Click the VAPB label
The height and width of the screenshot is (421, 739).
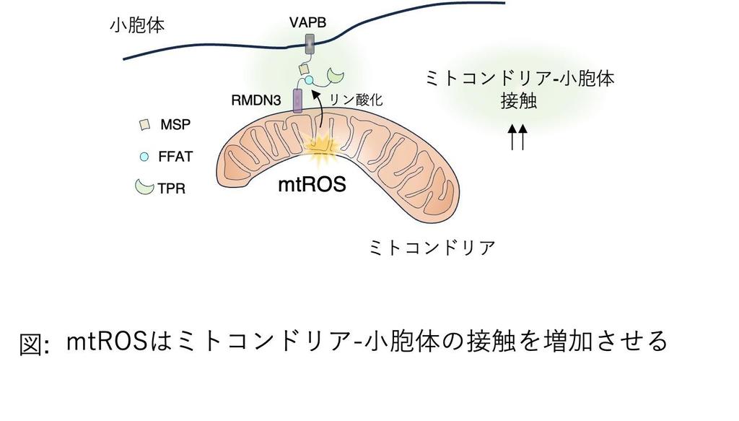307,22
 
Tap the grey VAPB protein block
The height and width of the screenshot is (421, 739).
309,44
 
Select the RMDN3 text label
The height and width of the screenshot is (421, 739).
257,100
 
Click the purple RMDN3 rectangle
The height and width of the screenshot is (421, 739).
297,100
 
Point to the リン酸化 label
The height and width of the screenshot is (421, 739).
355,100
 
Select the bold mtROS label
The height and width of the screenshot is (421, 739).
312,184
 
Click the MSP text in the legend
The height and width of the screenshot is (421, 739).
175,125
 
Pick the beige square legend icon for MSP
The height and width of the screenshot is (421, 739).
145,125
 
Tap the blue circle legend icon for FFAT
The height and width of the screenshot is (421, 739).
144,155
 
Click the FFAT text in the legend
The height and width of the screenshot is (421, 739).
176,155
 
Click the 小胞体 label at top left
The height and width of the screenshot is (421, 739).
137,26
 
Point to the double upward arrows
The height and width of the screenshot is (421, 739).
517,136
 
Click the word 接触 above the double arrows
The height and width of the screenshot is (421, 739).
518,101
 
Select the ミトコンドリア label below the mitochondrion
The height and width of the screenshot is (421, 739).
432,248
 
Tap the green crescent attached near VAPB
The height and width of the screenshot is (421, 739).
336,76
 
